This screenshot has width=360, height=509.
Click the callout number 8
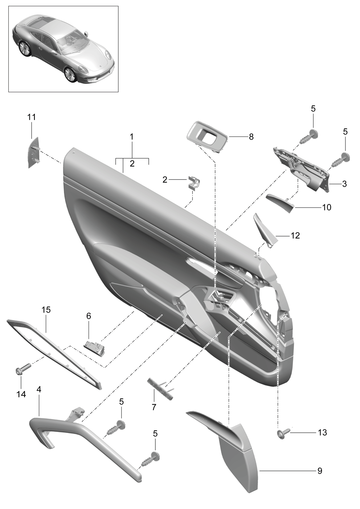pos(251,137)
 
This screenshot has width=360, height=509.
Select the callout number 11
pos(32,117)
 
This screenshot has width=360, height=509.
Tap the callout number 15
pos(46,309)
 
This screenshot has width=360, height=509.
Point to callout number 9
pos(320,471)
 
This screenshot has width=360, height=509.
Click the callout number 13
pos(322,432)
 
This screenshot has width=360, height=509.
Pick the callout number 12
pos(295,236)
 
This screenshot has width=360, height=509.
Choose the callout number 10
pos(327,207)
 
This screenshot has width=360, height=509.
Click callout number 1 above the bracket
pos(131,137)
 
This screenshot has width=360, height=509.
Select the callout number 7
pos(154,407)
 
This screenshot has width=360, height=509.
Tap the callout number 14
pos(21,394)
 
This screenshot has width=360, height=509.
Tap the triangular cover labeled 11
pos(34,152)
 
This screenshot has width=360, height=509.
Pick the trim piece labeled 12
pos(265,230)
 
